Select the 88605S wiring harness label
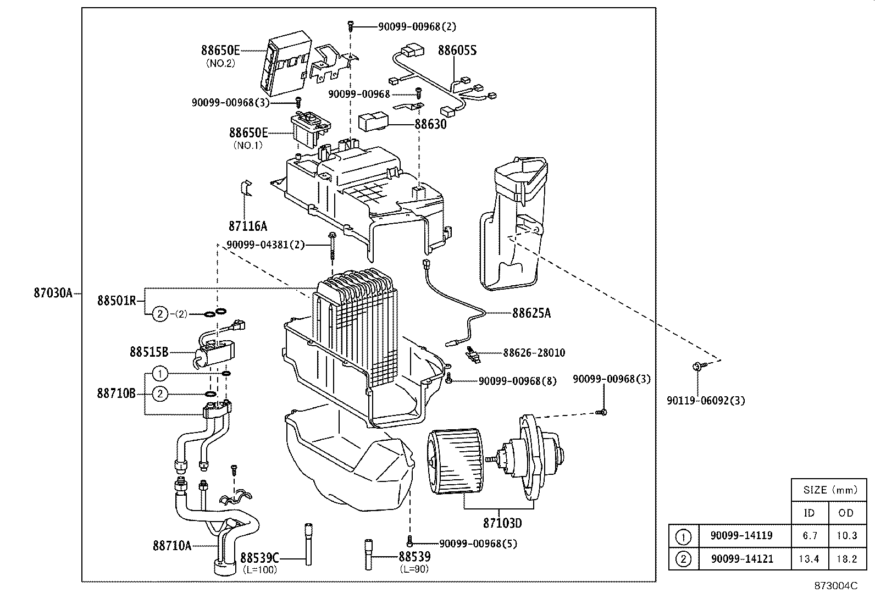tap(457, 51)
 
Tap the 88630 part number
tap(430, 124)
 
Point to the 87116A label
tap(247, 225)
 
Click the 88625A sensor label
tap(531, 313)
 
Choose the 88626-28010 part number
tap(534, 353)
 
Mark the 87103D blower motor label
tap(502, 523)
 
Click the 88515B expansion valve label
tap(148, 351)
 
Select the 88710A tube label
tap(172, 545)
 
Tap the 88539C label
tap(260, 558)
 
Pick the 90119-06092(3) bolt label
tap(706, 401)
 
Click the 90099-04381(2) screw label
tap(265, 245)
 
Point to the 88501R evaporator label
tap(117, 301)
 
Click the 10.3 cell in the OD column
tap(846, 536)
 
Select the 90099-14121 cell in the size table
tap(741, 559)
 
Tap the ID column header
tap(809, 513)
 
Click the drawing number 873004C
tap(835, 586)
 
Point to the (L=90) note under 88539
tap(414, 569)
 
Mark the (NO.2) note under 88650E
tap(220, 63)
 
